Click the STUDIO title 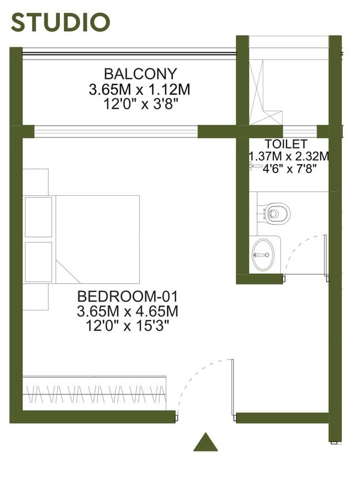click(61, 23)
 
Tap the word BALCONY click(140, 74)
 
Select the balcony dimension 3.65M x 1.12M click(140, 90)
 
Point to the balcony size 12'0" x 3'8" click(141, 105)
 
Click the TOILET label click(286, 144)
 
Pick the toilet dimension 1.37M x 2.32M click(289, 156)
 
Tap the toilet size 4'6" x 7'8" click(289, 169)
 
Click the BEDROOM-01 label click(127, 297)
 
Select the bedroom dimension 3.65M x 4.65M click(127, 311)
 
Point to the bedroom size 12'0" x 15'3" click(127, 325)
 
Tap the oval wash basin click(263, 255)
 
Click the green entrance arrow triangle click(206, 442)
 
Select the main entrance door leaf click(233, 387)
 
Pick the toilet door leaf click(325, 255)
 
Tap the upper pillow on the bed click(38, 217)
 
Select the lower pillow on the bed click(38, 262)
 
